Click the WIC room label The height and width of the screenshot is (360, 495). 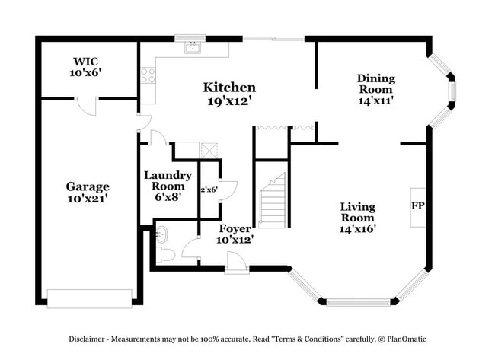point(86,60)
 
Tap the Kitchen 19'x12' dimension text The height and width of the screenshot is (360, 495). point(229,100)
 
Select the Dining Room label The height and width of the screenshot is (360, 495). point(375,83)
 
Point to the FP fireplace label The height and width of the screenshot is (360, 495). point(417,206)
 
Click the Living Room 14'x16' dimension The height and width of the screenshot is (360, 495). point(358,227)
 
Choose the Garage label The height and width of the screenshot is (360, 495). point(87,186)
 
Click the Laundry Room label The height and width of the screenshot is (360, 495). point(168,180)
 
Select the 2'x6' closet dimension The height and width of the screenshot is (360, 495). point(209,189)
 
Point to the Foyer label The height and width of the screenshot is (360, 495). point(235,228)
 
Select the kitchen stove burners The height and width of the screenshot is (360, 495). point(148,75)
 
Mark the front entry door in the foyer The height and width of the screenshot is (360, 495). point(237,262)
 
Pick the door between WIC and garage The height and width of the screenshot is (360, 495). point(91,107)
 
